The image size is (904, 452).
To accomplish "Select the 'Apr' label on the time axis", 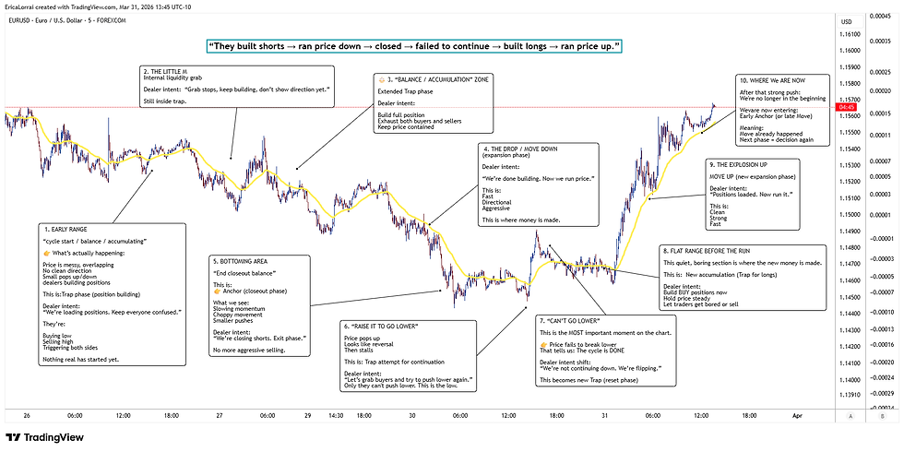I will pos(799,416).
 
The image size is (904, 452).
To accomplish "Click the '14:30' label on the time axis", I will pos(338,416).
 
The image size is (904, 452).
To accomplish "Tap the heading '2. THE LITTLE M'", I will pos(172,70).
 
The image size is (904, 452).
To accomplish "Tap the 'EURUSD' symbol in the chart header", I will pos(21,19).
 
